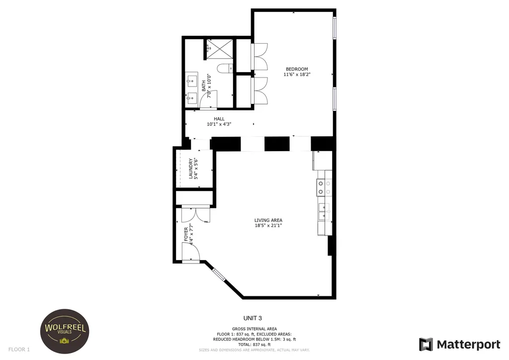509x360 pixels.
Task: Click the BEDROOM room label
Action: (297, 69)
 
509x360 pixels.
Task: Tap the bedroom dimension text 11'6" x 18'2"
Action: (297, 75)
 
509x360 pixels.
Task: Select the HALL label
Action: (219, 119)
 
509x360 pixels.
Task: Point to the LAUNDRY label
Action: (190, 169)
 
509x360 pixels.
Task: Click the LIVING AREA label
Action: (268, 220)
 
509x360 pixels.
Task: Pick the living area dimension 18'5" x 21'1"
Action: (268, 225)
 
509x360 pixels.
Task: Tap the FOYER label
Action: (186, 234)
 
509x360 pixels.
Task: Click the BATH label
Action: (203, 86)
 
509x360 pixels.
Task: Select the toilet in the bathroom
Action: (225, 68)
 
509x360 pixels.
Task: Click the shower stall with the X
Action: (220, 49)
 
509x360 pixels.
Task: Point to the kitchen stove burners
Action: (324, 187)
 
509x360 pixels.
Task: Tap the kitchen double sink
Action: (324, 212)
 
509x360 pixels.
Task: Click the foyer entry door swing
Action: (190, 252)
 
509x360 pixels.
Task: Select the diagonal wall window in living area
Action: (219, 274)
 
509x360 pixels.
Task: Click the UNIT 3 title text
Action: (253, 318)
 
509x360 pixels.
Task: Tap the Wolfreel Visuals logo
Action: (65, 331)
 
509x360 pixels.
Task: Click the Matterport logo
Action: (459, 345)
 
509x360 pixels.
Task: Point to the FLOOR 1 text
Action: (19, 349)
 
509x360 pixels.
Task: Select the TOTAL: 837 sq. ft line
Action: (254, 345)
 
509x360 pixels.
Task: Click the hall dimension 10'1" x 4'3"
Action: (219, 124)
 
